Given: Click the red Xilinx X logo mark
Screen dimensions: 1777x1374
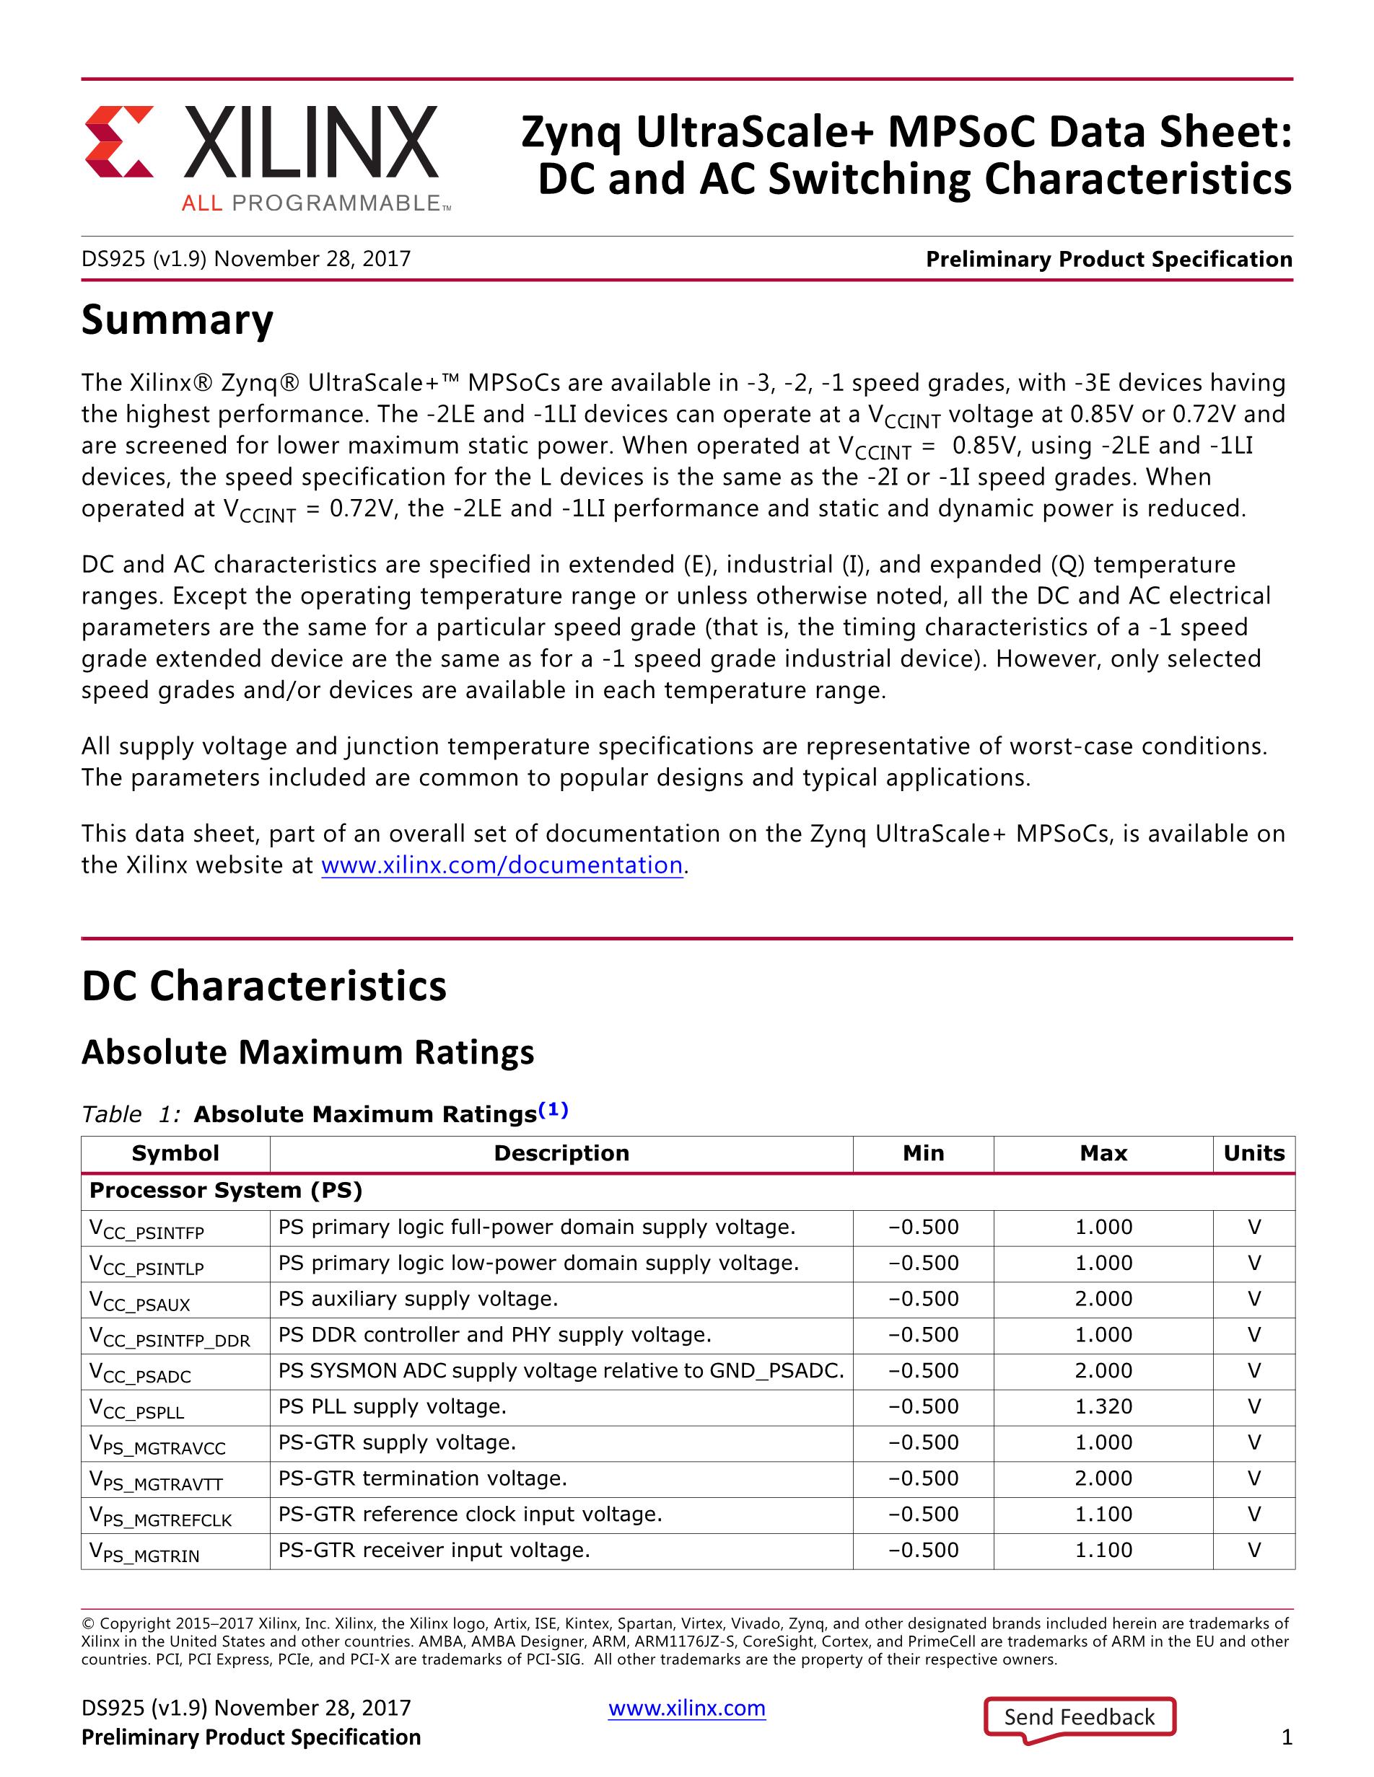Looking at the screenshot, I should pyautogui.click(x=119, y=141).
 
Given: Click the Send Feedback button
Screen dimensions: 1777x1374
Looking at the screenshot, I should pyautogui.click(x=1080, y=1717).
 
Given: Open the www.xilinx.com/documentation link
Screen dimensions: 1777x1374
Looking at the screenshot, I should pyautogui.click(x=502, y=865).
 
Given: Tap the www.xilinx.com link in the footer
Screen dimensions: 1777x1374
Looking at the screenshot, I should pyautogui.click(x=687, y=1708).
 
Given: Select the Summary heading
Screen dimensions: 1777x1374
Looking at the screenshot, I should pyautogui.click(x=178, y=319).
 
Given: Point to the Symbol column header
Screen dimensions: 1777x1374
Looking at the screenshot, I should pyautogui.click(x=175, y=1153).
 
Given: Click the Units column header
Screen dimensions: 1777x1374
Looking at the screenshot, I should pyautogui.click(x=1253, y=1153).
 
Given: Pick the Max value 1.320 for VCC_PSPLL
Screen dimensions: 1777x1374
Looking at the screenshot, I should pyautogui.click(x=1103, y=1406).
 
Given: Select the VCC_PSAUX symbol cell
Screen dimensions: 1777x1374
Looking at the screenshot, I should pyautogui.click(x=140, y=1300).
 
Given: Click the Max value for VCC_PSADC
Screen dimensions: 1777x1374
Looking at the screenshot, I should pyautogui.click(x=1103, y=1370).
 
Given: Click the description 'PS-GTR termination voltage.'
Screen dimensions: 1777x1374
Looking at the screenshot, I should pyautogui.click(x=422, y=1478).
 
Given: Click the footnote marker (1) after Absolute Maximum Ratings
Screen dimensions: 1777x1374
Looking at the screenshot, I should pyautogui.click(x=553, y=1110).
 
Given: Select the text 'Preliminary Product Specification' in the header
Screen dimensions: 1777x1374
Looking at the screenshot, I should pyautogui.click(x=1108, y=260).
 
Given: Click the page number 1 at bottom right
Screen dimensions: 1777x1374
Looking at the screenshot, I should pyautogui.click(x=1287, y=1738).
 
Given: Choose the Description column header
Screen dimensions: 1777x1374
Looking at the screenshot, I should pyautogui.click(x=561, y=1153).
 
